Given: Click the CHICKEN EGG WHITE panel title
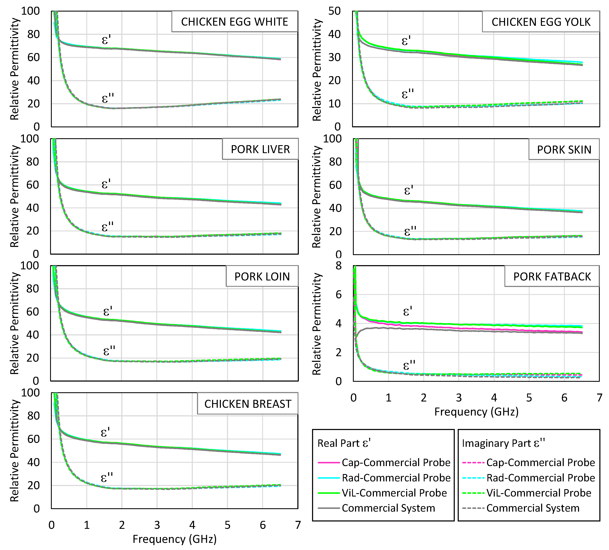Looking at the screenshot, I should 234,22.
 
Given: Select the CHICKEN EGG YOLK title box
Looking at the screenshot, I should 541,22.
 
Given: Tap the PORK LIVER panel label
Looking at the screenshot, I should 260,149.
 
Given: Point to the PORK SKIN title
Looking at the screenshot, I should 564,150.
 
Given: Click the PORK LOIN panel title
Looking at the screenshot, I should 262,276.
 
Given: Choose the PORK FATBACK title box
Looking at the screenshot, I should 552,276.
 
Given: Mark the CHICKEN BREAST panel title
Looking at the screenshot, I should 247,404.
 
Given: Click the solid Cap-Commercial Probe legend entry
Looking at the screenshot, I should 384,462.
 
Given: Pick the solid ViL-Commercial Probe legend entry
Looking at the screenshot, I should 382,493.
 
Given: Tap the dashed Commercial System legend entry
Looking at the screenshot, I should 521,508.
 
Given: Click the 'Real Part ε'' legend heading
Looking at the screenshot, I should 344,443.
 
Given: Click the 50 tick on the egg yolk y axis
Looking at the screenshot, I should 334,11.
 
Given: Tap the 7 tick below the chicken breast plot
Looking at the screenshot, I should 298,525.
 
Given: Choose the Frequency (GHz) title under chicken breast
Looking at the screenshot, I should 175,539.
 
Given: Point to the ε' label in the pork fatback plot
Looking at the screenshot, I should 407,311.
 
